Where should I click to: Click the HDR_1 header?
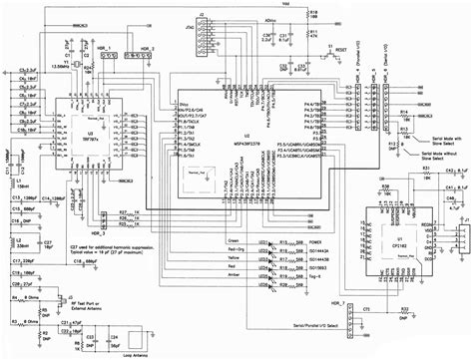point(101,61)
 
